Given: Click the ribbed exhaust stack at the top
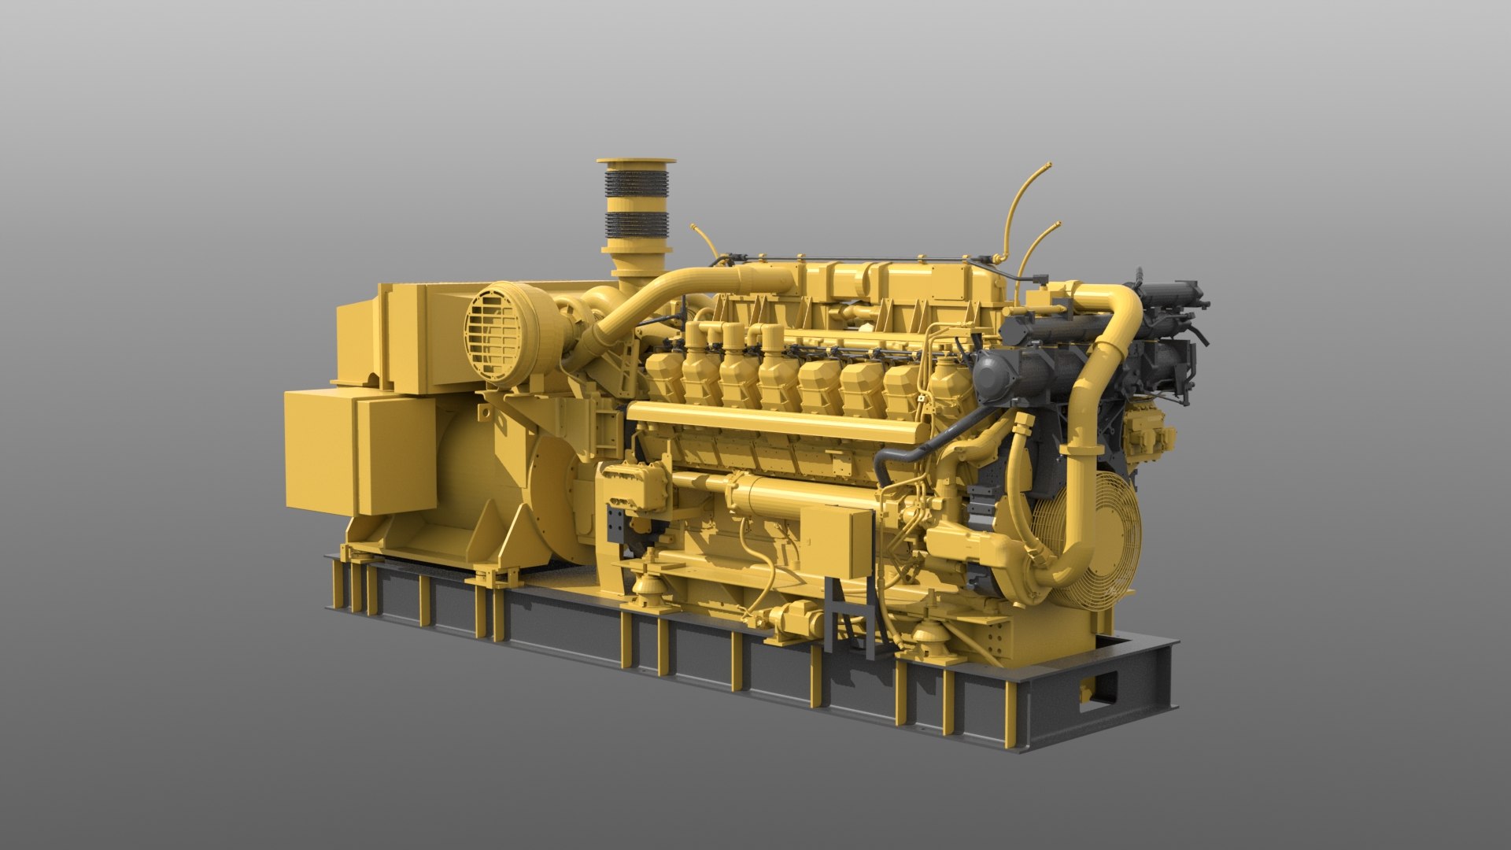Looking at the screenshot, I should (636, 205).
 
